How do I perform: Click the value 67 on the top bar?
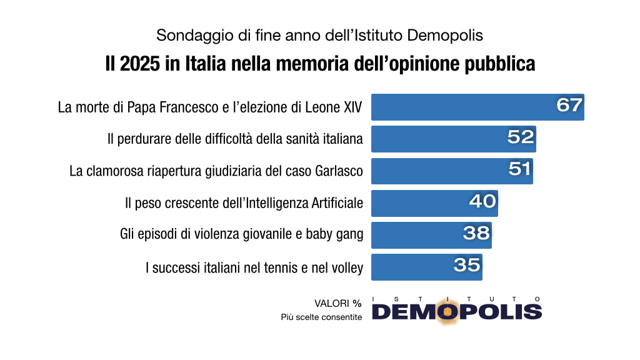pos(569,105)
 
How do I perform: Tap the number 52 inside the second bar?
pos(521,137)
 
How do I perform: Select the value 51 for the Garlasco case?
pos(519,169)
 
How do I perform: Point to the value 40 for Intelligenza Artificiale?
pos(482,201)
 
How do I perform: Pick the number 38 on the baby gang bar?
pos(476,232)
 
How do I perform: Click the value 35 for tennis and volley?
pos(467,264)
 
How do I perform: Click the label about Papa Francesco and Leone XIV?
pos(210,107)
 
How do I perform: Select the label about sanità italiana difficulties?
pos(235,139)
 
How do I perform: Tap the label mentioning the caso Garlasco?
pos(216,171)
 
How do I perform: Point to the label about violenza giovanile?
pos(241,234)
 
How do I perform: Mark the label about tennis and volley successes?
pos(254,267)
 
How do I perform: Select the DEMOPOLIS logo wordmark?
pos(456,311)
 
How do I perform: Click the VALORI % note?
pos(337,303)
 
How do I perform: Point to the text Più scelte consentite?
pos(321,317)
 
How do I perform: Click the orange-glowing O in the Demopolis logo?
pos(447,311)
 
